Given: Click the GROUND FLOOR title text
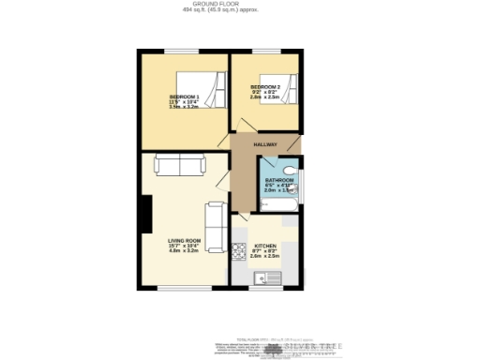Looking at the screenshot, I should (241, 4).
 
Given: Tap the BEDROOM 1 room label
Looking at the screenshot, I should (184, 97).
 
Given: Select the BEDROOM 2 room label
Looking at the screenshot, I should (265, 85).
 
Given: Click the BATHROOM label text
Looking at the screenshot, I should (278, 179).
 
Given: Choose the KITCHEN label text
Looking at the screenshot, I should (265, 247).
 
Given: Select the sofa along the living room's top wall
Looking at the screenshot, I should (180, 167).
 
